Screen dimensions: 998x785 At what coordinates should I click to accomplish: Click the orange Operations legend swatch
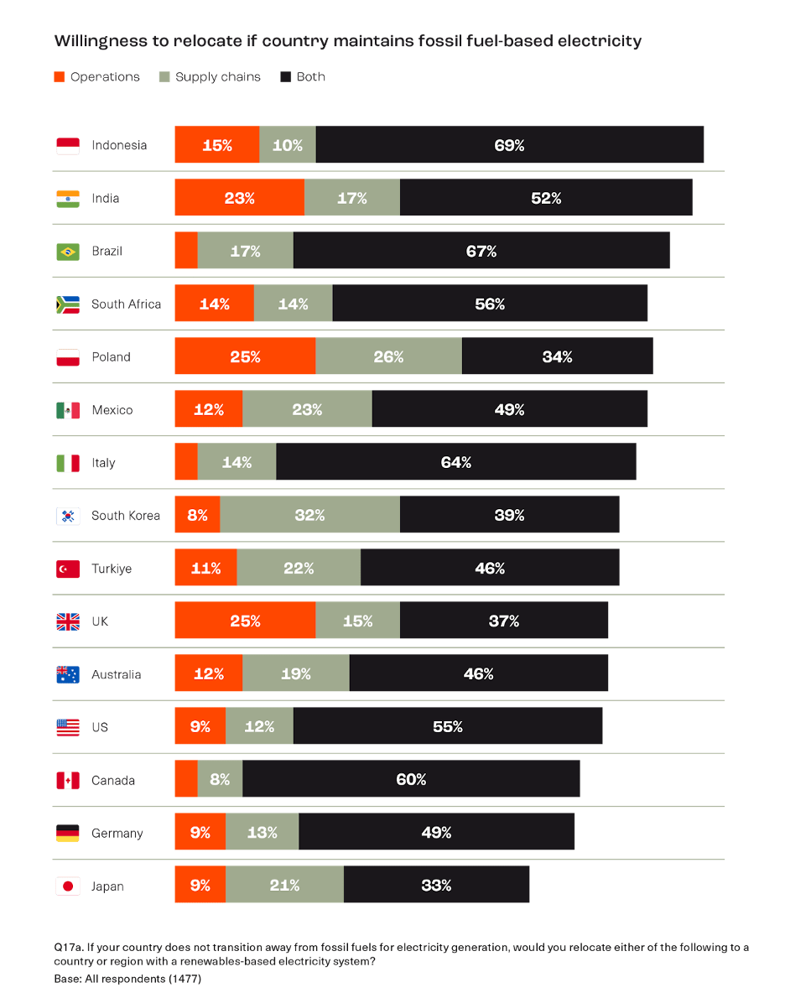(59, 77)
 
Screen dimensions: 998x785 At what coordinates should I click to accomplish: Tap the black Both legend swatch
(285, 77)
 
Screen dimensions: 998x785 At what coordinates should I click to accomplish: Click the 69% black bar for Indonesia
(510, 145)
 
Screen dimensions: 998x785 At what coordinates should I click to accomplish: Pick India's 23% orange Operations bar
(239, 198)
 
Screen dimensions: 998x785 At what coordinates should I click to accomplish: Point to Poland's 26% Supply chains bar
(388, 356)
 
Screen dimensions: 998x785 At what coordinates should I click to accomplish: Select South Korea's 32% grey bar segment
(309, 515)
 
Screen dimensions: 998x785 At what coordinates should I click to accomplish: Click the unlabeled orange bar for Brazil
(185, 251)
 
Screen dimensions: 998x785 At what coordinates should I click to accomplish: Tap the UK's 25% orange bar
(245, 621)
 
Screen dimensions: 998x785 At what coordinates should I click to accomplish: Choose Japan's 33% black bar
(436, 886)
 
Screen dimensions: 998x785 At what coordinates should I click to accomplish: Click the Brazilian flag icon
(68, 251)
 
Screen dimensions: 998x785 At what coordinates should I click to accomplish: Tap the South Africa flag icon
(68, 304)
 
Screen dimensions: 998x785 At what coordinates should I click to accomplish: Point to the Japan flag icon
(68, 886)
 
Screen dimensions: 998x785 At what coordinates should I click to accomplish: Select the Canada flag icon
(68, 780)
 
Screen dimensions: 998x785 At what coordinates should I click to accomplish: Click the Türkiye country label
(112, 569)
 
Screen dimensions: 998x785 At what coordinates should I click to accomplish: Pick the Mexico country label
(112, 410)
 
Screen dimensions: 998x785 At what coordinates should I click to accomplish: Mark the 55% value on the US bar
(448, 727)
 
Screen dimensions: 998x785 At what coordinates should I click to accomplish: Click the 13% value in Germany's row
(262, 833)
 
